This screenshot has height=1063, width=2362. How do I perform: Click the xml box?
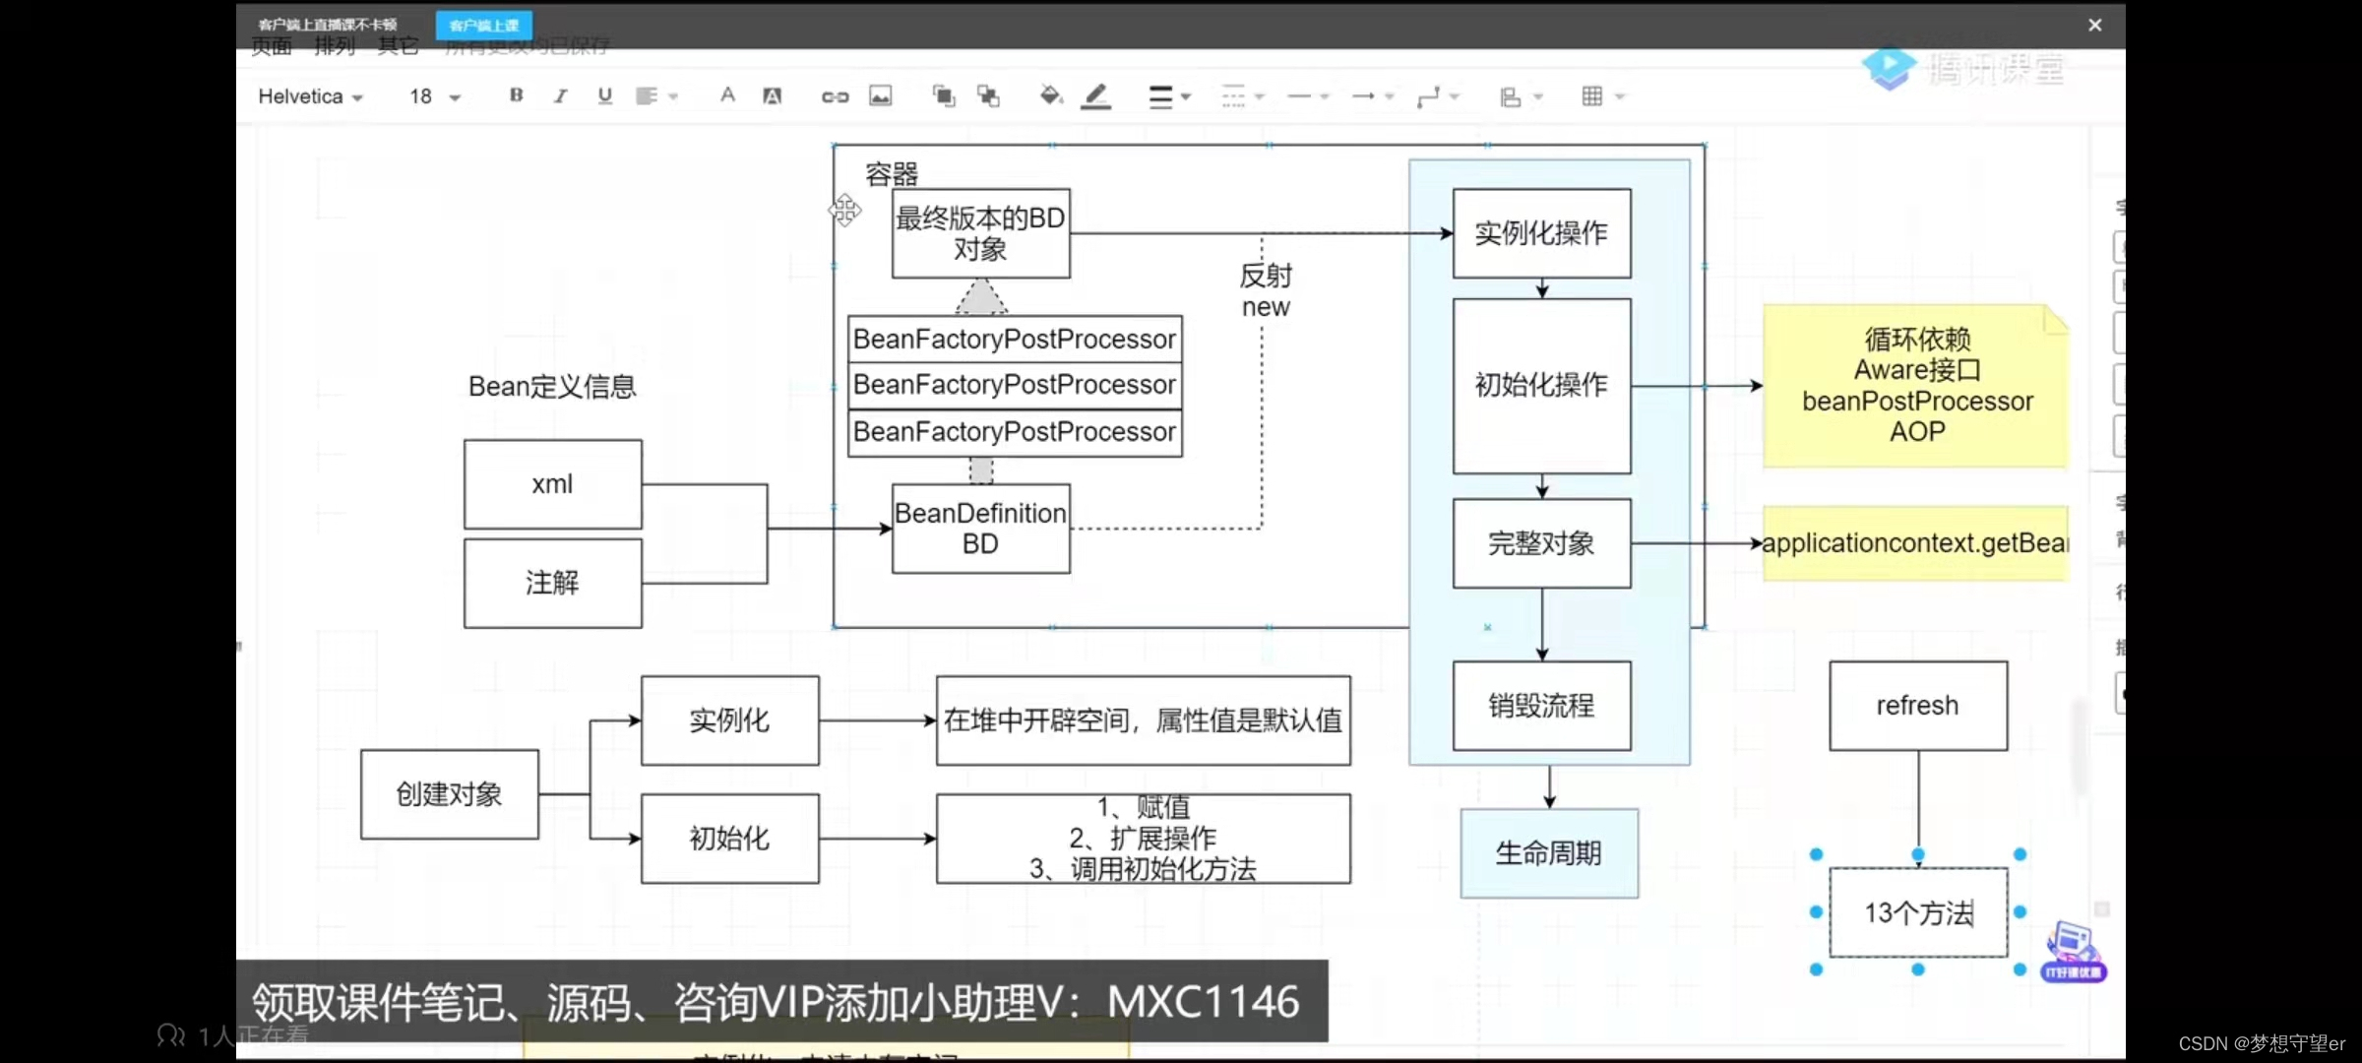[552, 484]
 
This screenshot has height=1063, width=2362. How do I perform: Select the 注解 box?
[552, 583]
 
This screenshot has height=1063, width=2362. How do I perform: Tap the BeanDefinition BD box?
[980, 529]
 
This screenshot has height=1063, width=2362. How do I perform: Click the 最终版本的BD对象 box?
[980, 233]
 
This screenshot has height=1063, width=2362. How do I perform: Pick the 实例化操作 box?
[1541, 233]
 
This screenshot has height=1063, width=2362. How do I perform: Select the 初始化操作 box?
[1541, 385]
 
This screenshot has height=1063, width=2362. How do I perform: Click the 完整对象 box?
[1541, 543]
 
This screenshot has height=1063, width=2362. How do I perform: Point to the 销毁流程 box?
[1541, 706]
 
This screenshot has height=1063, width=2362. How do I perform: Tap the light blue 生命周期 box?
[1549, 853]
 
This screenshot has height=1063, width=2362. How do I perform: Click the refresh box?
[1917, 706]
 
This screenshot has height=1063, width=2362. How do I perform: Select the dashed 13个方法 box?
[1917, 913]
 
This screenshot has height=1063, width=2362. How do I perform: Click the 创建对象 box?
[449, 794]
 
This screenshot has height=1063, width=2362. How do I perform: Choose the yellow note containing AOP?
[1915, 386]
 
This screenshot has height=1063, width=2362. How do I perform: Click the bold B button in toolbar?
[516, 95]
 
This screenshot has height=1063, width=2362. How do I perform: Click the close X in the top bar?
[2094, 26]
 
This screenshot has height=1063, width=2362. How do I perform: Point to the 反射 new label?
[1266, 291]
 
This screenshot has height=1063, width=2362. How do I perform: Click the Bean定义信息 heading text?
[552, 387]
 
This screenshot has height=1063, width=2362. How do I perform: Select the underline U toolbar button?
[604, 95]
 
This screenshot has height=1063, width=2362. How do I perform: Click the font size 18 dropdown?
[434, 96]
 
